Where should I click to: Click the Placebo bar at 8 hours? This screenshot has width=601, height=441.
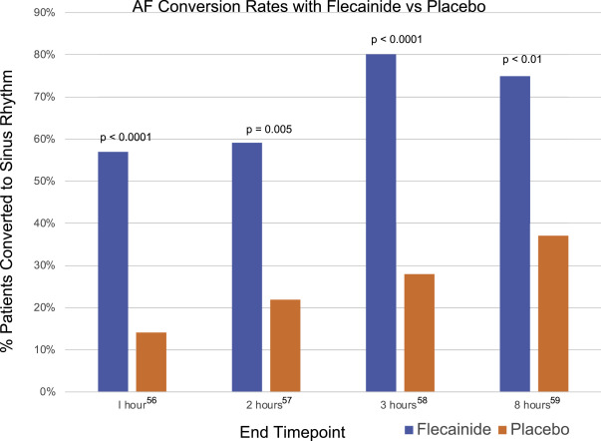point(552,313)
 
